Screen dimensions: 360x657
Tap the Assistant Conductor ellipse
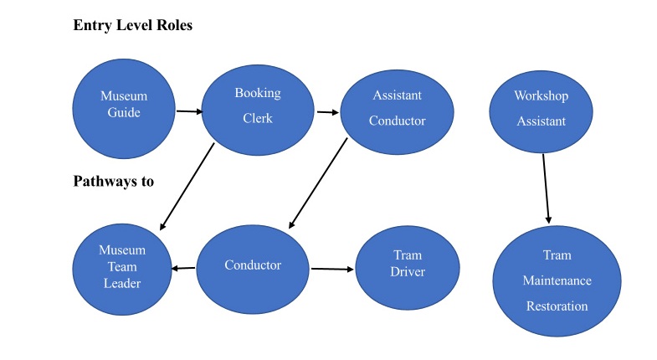point(397,110)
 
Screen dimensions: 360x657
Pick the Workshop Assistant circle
point(541,110)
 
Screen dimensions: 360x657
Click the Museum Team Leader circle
point(121,266)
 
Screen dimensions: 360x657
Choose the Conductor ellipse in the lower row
point(253,266)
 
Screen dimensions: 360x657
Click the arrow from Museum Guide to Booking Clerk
point(189,111)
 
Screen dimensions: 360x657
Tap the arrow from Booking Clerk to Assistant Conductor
point(327,111)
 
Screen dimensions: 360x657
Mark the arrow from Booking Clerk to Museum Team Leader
point(187,187)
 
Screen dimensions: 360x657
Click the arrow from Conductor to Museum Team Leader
point(184,269)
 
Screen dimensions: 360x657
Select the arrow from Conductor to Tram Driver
point(333,269)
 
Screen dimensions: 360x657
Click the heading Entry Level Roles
point(133,26)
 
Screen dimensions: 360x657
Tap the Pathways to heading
point(113,181)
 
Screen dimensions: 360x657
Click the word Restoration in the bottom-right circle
point(557,306)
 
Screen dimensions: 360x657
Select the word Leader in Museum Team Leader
point(121,283)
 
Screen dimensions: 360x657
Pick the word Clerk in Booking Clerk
point(257,118)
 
